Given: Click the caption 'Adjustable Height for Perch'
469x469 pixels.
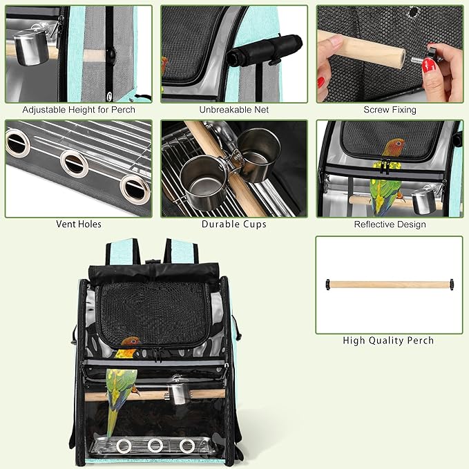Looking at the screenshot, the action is [x=79, y=110].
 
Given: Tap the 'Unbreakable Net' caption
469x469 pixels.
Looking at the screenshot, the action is [x=234, y=110].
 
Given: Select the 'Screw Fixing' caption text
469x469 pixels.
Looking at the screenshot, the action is [x=390, y=110].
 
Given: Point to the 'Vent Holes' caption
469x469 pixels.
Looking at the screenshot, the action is [x=79, y=224].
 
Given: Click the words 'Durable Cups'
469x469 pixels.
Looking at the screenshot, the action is [x=234, y=224].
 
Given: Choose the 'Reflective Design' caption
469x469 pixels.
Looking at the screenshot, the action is [x=390, y=224].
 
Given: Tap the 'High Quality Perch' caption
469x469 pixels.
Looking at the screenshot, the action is [x=388, y=341].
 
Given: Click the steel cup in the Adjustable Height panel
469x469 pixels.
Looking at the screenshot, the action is [x=31, y=48].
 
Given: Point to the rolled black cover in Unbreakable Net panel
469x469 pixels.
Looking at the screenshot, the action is [x=265, y=50].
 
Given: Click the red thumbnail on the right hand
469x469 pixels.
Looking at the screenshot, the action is [x=429, y=66].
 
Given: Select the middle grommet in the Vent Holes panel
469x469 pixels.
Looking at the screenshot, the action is [x=74, y=164].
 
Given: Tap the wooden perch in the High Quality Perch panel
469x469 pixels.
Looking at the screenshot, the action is [x=390, y=285].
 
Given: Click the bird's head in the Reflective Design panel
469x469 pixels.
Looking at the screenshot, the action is [x=394, y=148].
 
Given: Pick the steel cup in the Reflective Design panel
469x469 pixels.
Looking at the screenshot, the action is [x=424, y=200].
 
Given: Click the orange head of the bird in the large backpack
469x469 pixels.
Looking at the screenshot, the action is [x=131, y=342].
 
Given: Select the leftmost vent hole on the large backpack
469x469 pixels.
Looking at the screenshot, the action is [x=124, y=446].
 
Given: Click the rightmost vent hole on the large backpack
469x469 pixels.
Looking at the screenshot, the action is [x=187, y=446].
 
